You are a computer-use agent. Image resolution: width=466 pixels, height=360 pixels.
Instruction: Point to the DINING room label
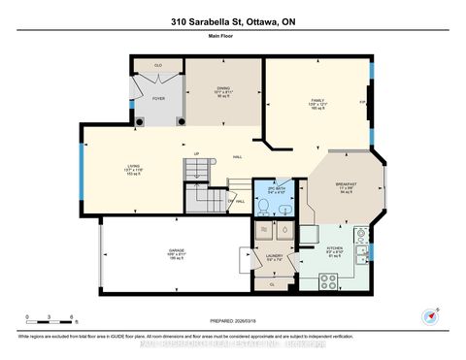[224, 88]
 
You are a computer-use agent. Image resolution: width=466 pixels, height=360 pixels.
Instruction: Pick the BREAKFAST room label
[347, 184]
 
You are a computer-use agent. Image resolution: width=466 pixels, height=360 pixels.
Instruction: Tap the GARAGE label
[150, 252]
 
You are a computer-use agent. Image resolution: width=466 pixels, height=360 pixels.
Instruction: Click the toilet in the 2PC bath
[263, 208]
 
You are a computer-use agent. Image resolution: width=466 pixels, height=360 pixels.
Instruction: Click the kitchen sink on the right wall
[360, 254]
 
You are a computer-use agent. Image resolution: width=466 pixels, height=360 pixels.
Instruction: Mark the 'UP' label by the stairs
[196, 153]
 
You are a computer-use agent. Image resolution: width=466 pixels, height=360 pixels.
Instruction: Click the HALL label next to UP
[237, 157]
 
